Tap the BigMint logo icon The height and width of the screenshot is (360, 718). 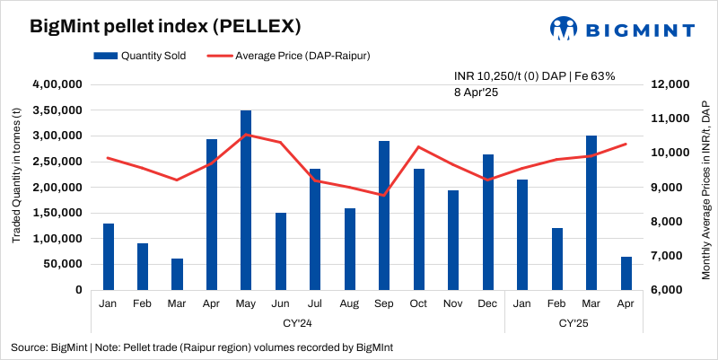[563, 28]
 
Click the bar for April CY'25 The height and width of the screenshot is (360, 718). [626, 273]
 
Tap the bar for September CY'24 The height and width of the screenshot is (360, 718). [384, 215]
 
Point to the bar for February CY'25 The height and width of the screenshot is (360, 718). [556, 259]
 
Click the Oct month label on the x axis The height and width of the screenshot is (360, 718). [418, 303]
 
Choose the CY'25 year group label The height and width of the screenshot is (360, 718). [574, 321]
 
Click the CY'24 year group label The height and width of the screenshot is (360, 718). [297, 321]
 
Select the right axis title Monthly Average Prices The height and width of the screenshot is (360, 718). [705, 188]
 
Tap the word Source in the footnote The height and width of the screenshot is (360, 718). [28, 347]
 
